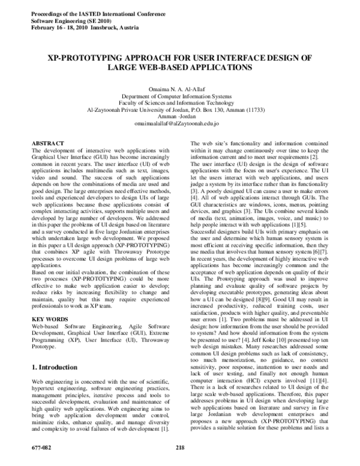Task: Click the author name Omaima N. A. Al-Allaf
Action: click(179, 88)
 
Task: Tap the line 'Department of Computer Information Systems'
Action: click(179, 96)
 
